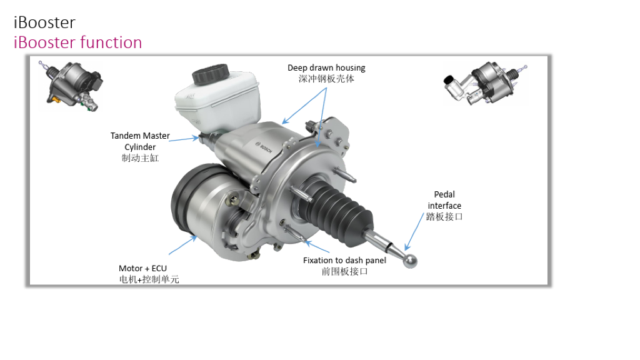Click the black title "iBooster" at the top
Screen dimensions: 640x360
click(44, 23)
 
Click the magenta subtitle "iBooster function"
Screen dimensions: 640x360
click(78, 42)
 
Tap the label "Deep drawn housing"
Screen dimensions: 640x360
click(326, 67)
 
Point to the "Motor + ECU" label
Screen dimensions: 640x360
click(143, 269)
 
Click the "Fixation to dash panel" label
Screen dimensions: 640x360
click(344, 261)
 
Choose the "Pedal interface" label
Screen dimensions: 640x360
click(444, 200)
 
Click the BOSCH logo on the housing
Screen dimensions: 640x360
click(264, 147)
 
